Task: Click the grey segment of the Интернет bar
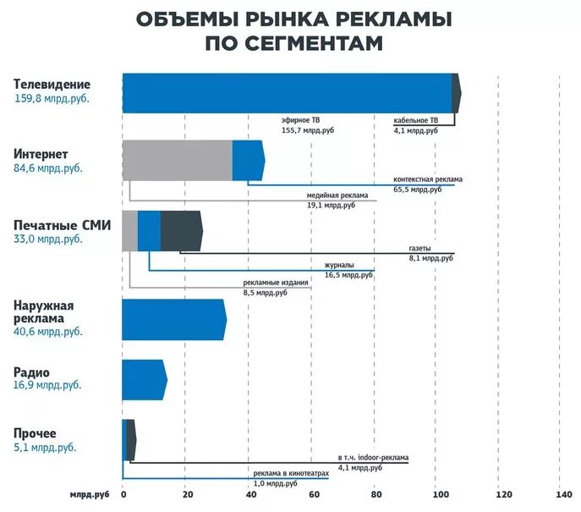pyautogui.click(x=177, y=160)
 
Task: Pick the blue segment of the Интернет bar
pyautogui.click(x=248, y=160)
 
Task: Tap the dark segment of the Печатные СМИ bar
pyautogui.click(x=181, y=231)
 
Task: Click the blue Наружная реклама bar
pyautogui.click(x=173, y=320)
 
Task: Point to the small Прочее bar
pyautogui.click(x=129, y=439)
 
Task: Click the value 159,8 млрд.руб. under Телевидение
pyautogui.click(x=52, y=98)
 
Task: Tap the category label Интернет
pyautogui.click(x=41, y=153)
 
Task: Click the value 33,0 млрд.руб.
pyautogui.click(x=48, y=239)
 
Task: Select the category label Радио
pyautogui.click(x=31, y=372)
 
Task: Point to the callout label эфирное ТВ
pyautogui.click(x=301, y=121)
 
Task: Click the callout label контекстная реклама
pyautogui.click(x=428, y=180)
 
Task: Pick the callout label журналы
pyautogui.click(x=339, y=266)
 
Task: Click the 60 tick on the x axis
pyautogui.click(x=312, y=495)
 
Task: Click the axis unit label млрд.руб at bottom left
pyautogui.click(x=90, y=495)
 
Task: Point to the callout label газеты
pyautogui.click(x=420, y=248)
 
